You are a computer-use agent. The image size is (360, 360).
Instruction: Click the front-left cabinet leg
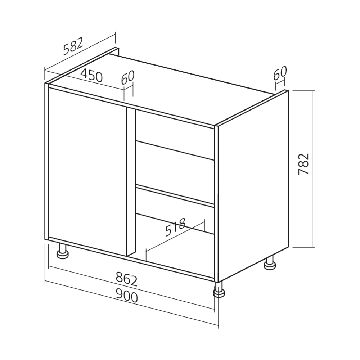63,251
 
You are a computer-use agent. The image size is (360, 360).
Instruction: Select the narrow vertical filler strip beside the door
131,180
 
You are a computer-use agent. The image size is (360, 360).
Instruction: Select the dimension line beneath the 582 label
79,51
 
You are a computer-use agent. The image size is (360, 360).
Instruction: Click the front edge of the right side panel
216,202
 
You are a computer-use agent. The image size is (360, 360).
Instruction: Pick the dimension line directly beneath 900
130,305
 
